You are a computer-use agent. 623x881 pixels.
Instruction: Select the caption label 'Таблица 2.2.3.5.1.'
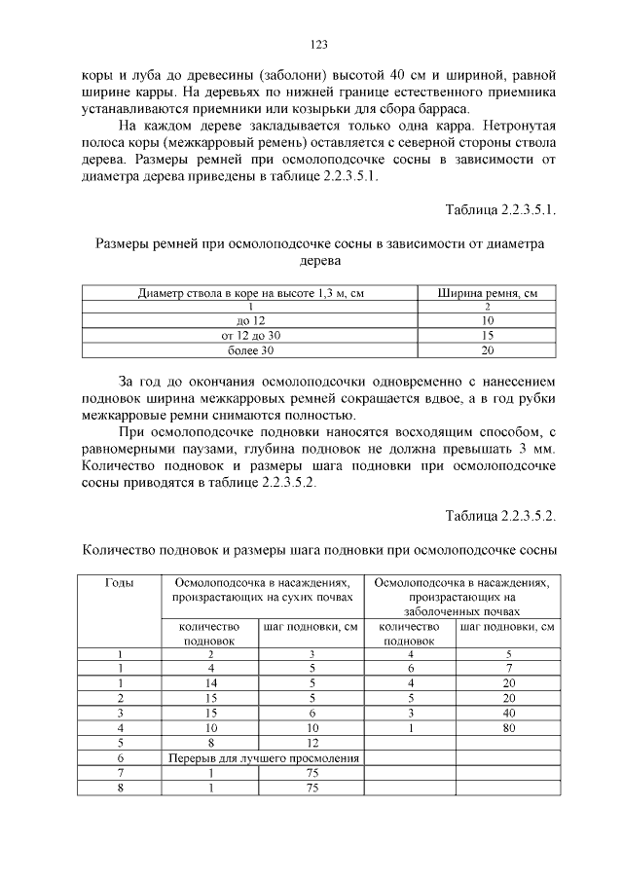tap(500, 209)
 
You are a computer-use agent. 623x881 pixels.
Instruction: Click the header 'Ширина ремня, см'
tap(488, 292)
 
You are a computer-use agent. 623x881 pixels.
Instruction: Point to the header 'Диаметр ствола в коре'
tap(250, 292)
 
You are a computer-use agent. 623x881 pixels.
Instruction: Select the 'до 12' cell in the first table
tap(250, 320)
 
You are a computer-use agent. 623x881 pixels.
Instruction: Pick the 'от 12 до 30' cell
tap(250, 335)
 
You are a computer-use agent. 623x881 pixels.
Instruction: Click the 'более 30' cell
tap(250, 349)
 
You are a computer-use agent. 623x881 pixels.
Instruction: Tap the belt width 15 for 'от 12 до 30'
tap(488, 335)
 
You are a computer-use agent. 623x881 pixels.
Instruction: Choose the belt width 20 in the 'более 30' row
tap(488, 349)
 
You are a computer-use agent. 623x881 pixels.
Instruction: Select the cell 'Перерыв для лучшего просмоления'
tap(260, 757)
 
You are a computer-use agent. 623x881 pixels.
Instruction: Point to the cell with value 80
tap(507, 726)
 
